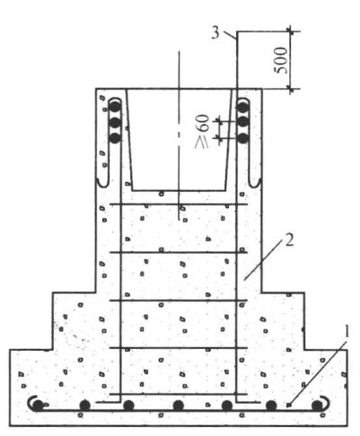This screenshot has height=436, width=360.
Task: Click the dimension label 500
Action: pyautogui.click(x=282, y=60)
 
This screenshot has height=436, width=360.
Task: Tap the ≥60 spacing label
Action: pyautogui.click(x=202, y=131)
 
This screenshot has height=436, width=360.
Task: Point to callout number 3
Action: pyautogui.click(x=215, y=33)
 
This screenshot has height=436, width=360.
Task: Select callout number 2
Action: pyautogui.click(x=289, y=240)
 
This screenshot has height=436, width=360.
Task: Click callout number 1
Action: pyautogui.click(x=347, y=333)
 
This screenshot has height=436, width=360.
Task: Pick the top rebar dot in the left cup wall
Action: pyautogui.click(x=115, y=106)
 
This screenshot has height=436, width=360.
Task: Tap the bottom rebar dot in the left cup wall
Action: pyautogui.click(x=115, y=138)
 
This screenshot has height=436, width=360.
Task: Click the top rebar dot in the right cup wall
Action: pyautogui.click(x=243, y=106)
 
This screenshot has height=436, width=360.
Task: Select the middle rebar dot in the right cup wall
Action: pyautogui.click(x=243, y=122)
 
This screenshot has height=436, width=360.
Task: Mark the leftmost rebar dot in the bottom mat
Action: pyautogui.click(x=38, y=405)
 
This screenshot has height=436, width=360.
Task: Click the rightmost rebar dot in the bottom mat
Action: pyautogui.click(x=317, y=405)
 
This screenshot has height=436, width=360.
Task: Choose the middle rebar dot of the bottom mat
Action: pyautogui.click(x=179, y=405)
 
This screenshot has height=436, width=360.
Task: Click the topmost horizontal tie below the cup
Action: pyautogui.click(x=179, y=205)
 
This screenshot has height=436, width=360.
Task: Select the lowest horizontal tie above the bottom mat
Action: pyautogui.click(x=179, y=394)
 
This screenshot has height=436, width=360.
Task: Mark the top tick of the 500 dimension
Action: pyautogui.click(x=290, y=31)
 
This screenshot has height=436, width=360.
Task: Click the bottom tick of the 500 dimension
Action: pyautogui.click(x=290, y=89)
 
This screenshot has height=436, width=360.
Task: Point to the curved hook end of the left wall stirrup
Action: pyautogui.click(x=102, y=184)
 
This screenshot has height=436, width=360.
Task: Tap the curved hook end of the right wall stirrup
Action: pyautogui.click(x=255, y=184)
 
